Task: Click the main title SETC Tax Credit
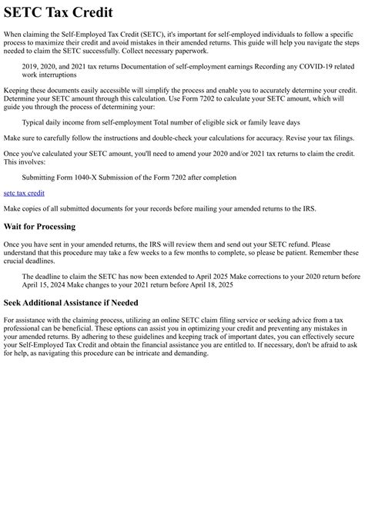(x=58, y=13)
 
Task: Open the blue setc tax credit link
(x=24, y=193)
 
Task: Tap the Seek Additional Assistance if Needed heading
(x=82, y=303)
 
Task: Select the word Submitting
(x=40, y=178)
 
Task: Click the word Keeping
(x=18, y=91)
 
